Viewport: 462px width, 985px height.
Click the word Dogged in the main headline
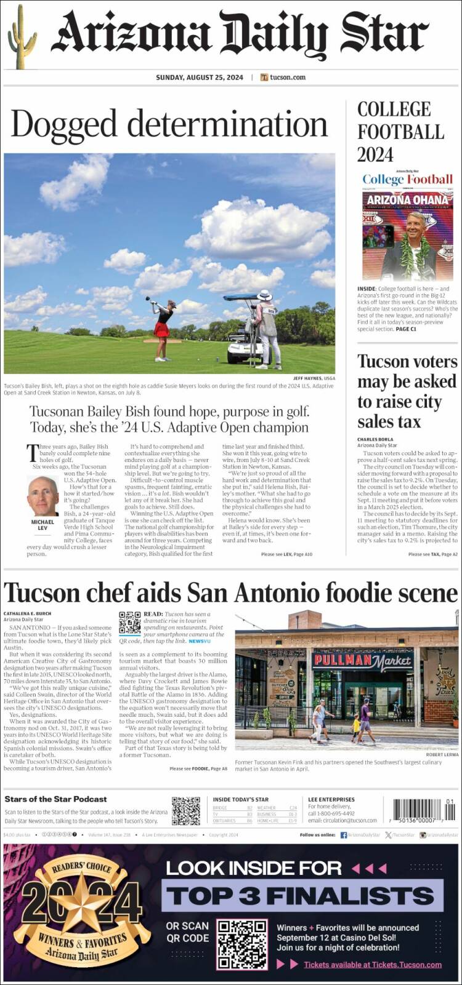tap(67, 124)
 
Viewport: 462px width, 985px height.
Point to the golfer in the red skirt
tap(162, 329)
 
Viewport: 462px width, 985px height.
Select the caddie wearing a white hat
tap(268, 328)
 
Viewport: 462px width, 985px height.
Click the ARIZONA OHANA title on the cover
tap(407, 200)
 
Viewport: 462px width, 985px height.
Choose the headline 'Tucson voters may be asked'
tap(407, 391)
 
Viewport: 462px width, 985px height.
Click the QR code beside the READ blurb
tap(129, 623)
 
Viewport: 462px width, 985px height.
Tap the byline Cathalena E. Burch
tap(28, 613)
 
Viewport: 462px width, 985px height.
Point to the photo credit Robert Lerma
tap(442, 755)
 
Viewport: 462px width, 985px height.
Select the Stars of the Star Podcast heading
tap(55, 799)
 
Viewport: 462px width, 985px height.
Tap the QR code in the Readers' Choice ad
tap(242, 944)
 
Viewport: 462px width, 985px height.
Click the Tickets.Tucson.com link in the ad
tap(373, 965)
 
